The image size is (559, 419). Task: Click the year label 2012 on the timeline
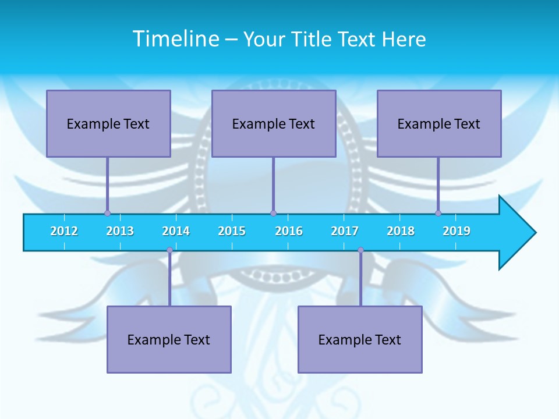pyautogui.click(x=64, y=231)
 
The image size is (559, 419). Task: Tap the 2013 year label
pyautogui.click(x=120, y=231)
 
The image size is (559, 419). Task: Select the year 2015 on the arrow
pyautogui.click(x=232, y=231)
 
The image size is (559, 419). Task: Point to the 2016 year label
pyautogui.click(x=289, y=231)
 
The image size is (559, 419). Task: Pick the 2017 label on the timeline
pyautogui.click(x=345, y=231)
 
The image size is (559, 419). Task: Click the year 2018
pyautogui.click(x=401, y=231)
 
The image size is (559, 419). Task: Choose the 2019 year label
pyautogui.click(x=457, y=231)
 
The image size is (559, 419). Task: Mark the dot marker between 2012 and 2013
pyautogui.click(x=107, y=213)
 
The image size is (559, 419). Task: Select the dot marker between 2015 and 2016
pyautogui.click(x=273, y=213)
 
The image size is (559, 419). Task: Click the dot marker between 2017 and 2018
pyautogui.click(x=360, y=250)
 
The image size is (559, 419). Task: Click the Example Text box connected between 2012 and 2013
pyautogui.click(x=108, y=123)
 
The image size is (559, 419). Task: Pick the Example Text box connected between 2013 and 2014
pyautogui.click(x=169, y=339)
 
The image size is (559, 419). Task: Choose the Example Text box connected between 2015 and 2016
pyautogui.click(x=274, y=123)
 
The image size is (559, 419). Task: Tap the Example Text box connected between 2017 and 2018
pyautogui.click(x=360, y=339)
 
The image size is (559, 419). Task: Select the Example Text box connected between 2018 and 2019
pyautogui.click(x=439, y=123)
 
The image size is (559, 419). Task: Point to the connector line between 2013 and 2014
pyautogui.click(x=169, y=278)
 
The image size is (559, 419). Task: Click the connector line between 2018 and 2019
pyautogui.click(x=438, y=185)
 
